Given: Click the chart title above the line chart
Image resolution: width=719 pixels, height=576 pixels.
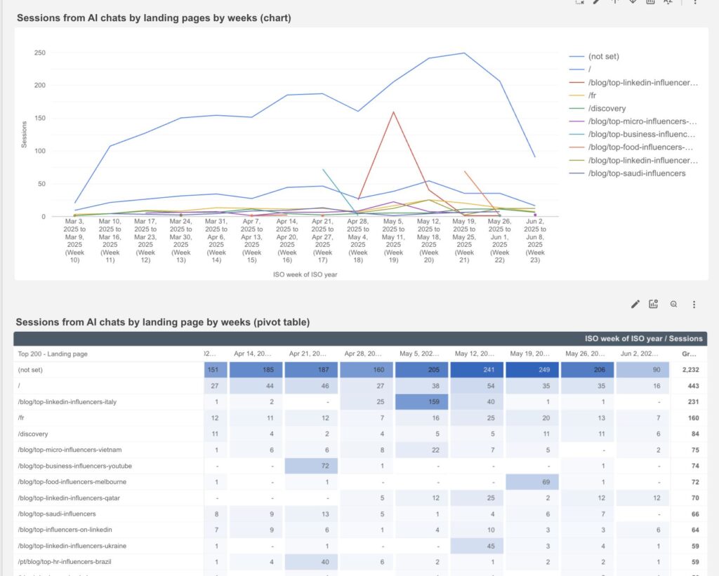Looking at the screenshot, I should (x=153, y=18).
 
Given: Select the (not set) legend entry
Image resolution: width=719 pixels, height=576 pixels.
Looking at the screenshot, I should (x=604, y=56).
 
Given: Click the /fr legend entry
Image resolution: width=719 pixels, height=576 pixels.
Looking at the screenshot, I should (x=594, y=95).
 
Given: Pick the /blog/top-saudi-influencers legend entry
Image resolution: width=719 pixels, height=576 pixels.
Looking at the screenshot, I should (x=636, y=173).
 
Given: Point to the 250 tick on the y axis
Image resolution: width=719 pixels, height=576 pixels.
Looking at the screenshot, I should (x=39, y=53).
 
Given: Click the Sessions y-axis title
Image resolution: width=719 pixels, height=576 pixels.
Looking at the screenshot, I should (x=24, y=134).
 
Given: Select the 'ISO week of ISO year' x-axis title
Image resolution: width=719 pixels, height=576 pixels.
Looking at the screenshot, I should (x=305, y=274).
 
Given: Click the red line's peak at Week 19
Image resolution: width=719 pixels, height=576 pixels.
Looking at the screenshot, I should (x=393, y=112).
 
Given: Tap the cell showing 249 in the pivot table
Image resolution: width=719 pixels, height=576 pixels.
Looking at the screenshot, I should (x=532, y=370).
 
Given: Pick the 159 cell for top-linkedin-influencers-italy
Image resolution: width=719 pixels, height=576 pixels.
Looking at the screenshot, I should (x=422, y=402).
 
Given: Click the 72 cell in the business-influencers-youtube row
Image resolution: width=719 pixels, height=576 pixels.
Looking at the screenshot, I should (x=311, y=466).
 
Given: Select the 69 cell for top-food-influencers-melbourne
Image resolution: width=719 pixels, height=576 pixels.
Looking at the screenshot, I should (x=532, y=482).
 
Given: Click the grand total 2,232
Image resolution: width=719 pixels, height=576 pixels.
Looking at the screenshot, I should (x=690, y=370).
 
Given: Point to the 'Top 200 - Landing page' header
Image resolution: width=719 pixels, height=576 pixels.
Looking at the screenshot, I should (x=53, y=354).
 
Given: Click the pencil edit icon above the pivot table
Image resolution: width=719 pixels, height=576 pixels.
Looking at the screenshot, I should (x=635, y=304).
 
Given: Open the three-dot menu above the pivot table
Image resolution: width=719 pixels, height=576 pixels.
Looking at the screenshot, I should (x=694, y=304).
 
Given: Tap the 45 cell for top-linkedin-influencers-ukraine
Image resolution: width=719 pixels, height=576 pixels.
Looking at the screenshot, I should (x=477, y=546).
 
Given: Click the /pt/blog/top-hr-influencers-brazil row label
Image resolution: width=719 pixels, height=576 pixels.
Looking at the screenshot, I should (x=64, y=562).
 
